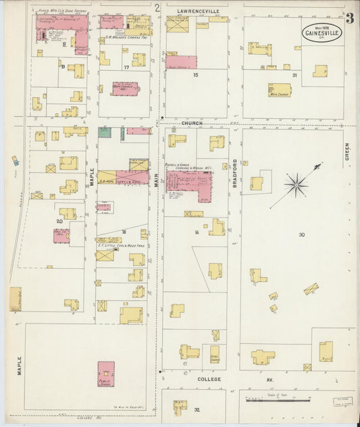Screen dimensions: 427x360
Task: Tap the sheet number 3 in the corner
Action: pyautogui.click(x=349, y=18)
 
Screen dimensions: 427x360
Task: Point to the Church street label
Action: pyautogui.click(x=192, y=123)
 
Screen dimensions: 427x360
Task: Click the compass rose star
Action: pyautogui.click(x=295, y=183)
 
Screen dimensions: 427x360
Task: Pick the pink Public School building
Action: pyautogui.click(x=105, y=374)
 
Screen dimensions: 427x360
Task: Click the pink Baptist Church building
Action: pyautogui.click(x=124, y=89)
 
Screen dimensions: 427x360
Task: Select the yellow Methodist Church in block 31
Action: pyautogui.click(x=279, y=90)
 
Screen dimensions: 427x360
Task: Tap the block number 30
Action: pyautogui.click(x=302, y=234)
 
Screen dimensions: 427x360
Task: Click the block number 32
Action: pyautogui.click(x=197, y=409)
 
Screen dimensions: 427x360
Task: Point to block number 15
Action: pyautogui.click(x=196, y=75)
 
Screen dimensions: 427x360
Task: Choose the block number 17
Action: pyautogui.click(x=126, y=68)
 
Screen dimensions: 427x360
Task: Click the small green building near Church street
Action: pyautogui.click(x=105, y=132)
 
